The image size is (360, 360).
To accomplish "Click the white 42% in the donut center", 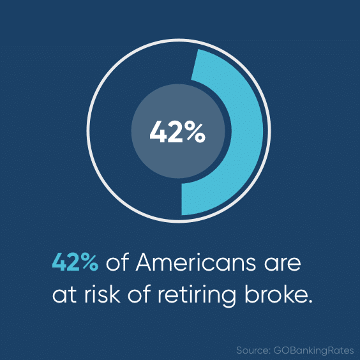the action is (177, 132).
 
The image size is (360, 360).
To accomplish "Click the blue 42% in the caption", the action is (75, 262).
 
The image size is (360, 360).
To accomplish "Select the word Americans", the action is (195, 262).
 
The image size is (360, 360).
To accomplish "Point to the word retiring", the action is (197, 295).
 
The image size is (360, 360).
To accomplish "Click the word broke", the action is (275, 294).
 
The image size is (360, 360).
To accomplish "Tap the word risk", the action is (102, 294).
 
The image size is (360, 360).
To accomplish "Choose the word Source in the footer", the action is (253, 350).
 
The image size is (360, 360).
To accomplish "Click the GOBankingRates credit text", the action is (313, 351).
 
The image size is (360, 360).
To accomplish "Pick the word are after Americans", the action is (282, 264).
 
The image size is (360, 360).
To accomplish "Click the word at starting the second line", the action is (64, 295).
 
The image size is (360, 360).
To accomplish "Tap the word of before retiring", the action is (139, 294).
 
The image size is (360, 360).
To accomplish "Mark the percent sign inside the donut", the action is (195, 133).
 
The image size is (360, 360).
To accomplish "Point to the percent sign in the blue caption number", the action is (89, 262).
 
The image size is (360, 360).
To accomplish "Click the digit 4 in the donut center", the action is (158, 132).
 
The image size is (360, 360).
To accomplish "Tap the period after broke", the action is (310, 301).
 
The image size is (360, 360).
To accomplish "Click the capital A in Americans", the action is (146, 262).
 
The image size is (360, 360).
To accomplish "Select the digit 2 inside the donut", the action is (176, 132).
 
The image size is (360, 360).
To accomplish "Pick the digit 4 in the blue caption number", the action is (59, 262).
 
